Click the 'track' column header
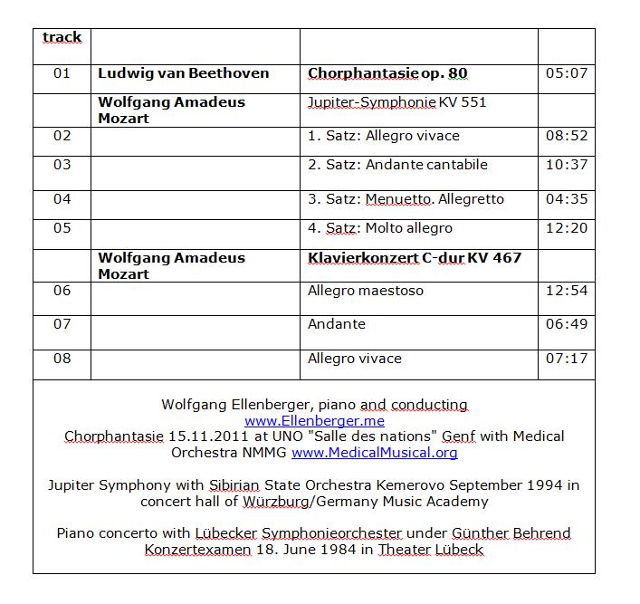point(62,38)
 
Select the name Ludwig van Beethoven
point(184,73)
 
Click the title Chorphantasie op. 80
point(387,73)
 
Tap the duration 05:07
point(567,73)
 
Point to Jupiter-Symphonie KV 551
point(397,102)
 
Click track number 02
point(62,136)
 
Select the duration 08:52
point(567,136)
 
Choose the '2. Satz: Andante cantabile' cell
point(397,165)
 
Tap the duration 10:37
point(567,165)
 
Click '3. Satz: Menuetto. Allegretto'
point(406,199)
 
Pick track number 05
point(62,228)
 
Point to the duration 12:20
point(567,228)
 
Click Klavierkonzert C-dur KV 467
point(415,258)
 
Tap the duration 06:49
point(567,324)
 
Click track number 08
point(62,359)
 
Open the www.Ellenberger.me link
point(314,421)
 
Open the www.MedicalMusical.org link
point(374,452)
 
